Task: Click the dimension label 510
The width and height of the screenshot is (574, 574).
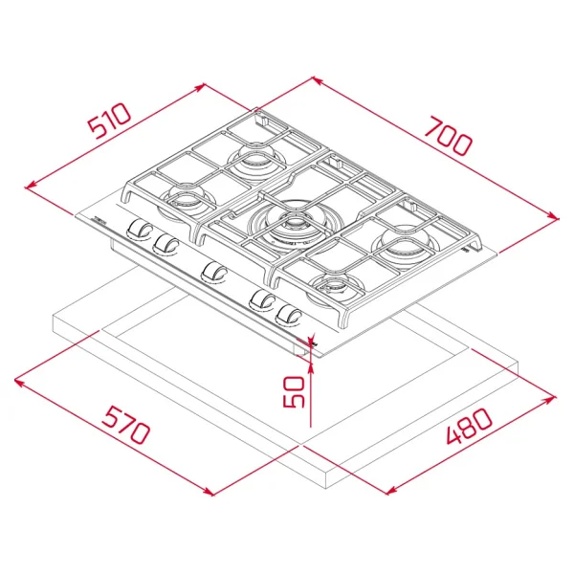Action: coord(109,121)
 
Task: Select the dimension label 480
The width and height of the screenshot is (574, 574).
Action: coord(470,426)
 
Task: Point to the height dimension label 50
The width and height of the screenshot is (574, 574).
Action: coord(294,391)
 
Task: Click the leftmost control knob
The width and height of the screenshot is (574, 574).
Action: coord(140,230)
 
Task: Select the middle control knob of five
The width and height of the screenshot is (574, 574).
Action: coord(214,273)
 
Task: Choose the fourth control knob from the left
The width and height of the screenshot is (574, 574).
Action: coord(262,300)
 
